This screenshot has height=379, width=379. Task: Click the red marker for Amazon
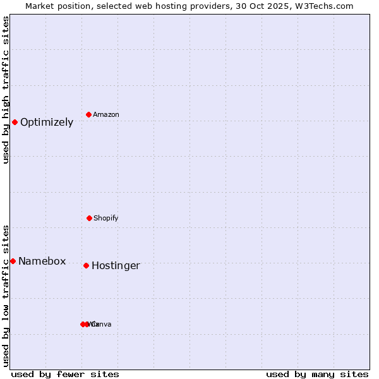tap(89, 114)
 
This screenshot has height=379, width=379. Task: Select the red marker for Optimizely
tap(15, 122)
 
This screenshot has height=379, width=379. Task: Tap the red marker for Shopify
tap(89, 218)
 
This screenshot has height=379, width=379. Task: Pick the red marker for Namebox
tap(13, 261)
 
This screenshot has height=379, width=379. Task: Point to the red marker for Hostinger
tap(86, 265)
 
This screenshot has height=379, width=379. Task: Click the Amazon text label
tap(106, 114)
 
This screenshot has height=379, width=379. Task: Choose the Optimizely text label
tap(47, 123)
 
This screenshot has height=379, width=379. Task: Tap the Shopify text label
tap(106, 218)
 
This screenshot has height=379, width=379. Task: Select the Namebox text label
tap(42, 262)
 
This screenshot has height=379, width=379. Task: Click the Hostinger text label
tap(116, 266)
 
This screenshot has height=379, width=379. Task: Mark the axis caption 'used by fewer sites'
tap(65, 374)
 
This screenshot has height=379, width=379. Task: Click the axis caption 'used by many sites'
tap(317, 374)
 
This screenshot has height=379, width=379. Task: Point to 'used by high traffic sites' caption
tap(6, 90)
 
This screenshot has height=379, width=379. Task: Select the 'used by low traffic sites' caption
tap(6, 295)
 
